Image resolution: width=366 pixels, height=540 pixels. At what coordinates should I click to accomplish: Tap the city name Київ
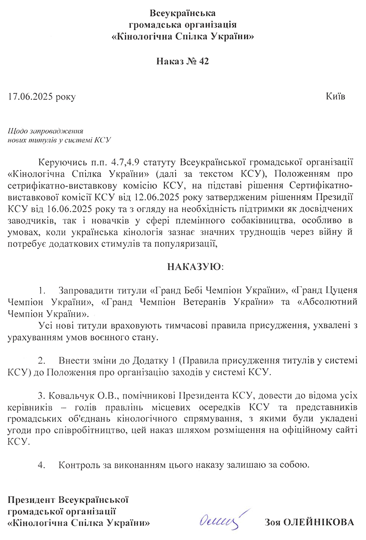(336, 97)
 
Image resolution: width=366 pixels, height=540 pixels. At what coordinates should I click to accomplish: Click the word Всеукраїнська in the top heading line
(183, 13)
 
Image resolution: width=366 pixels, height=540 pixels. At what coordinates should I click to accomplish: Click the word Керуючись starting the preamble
(60, 162)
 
